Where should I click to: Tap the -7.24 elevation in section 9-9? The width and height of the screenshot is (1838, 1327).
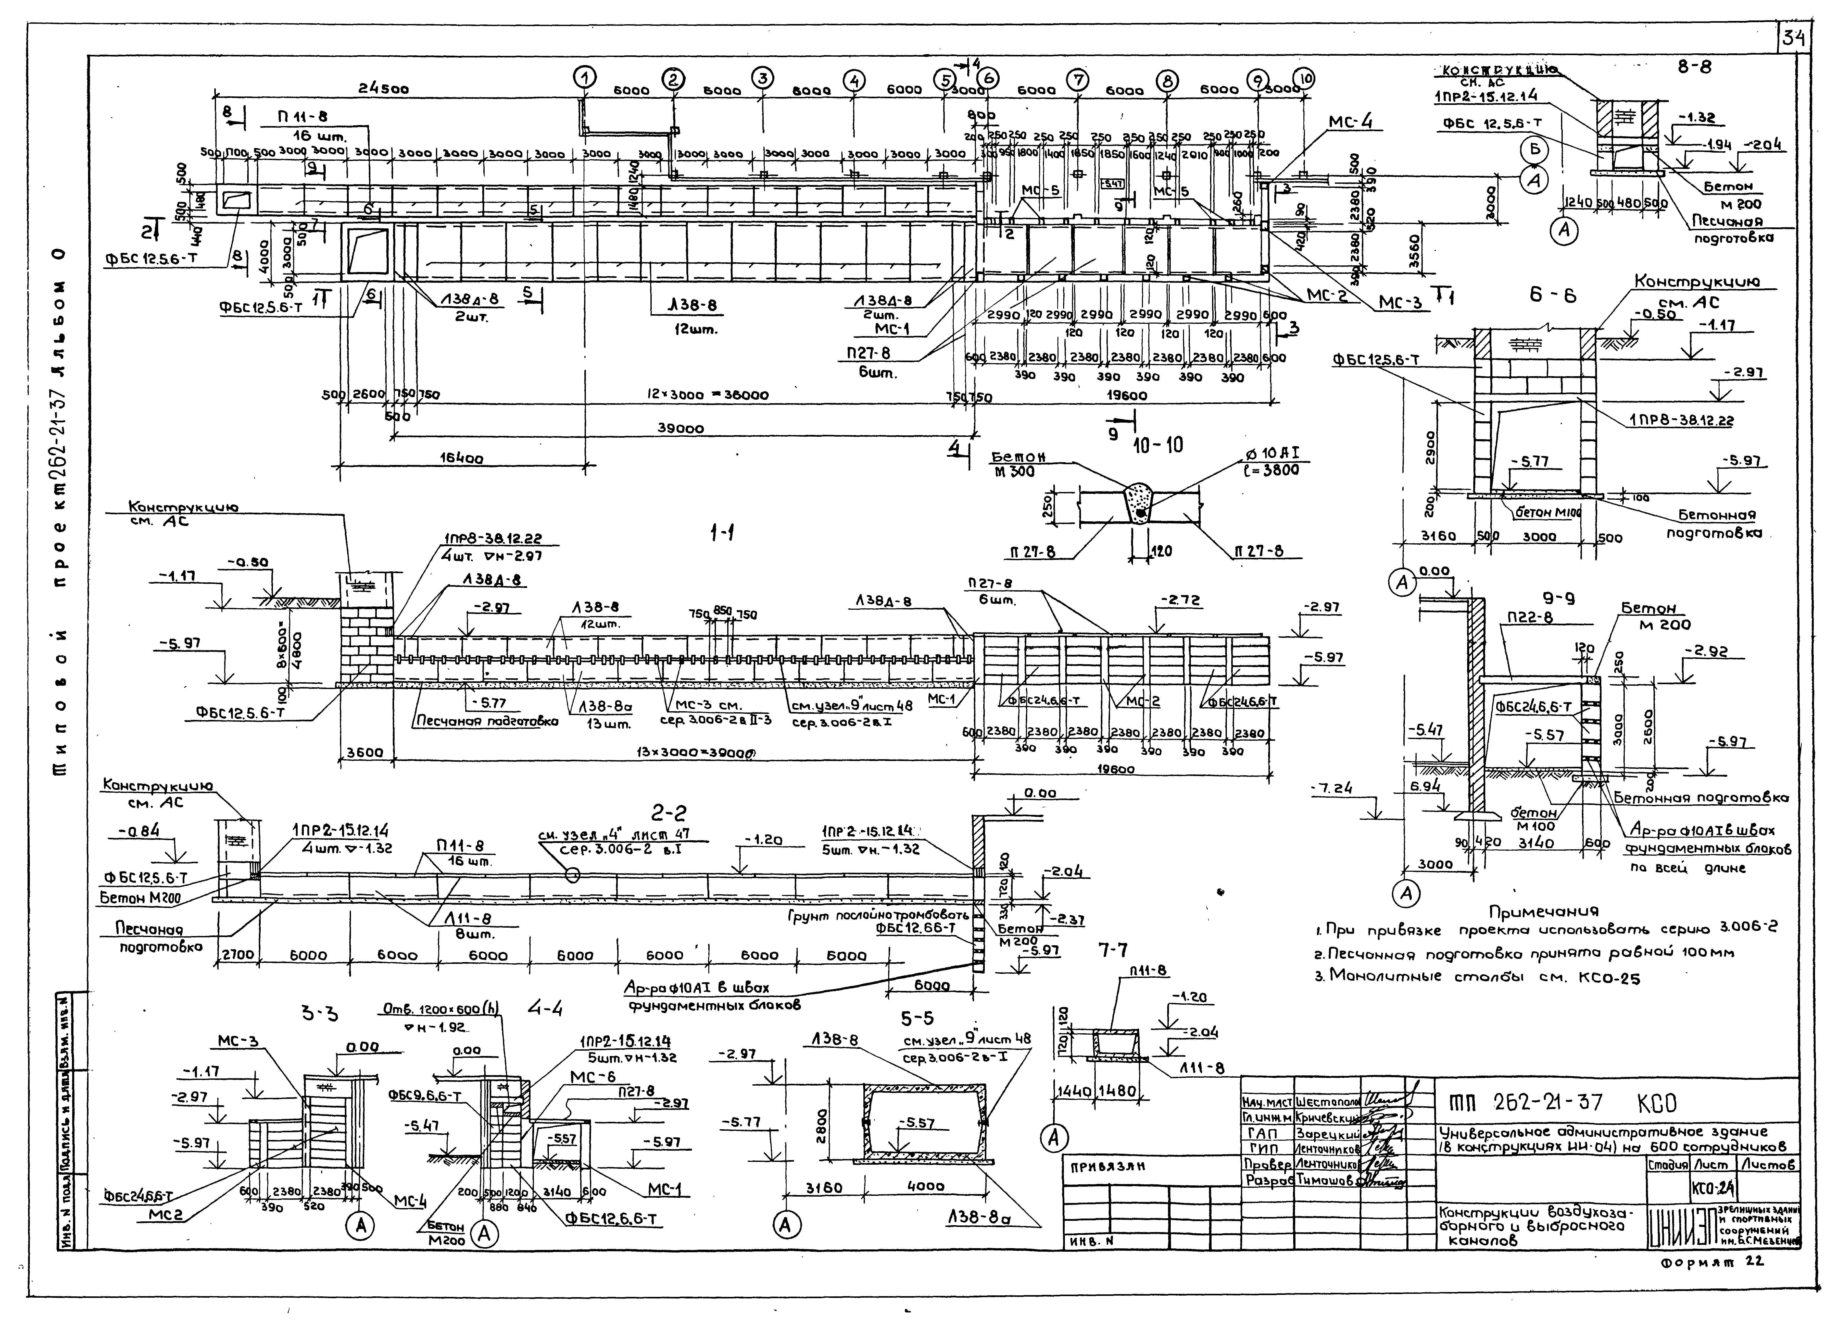tap(1332, 788)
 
